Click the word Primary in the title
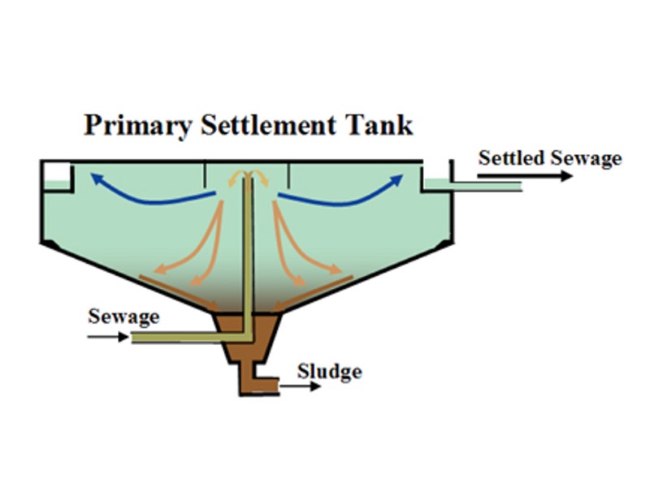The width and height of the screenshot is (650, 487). click(136, 126)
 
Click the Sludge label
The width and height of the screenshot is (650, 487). click(329, 372)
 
